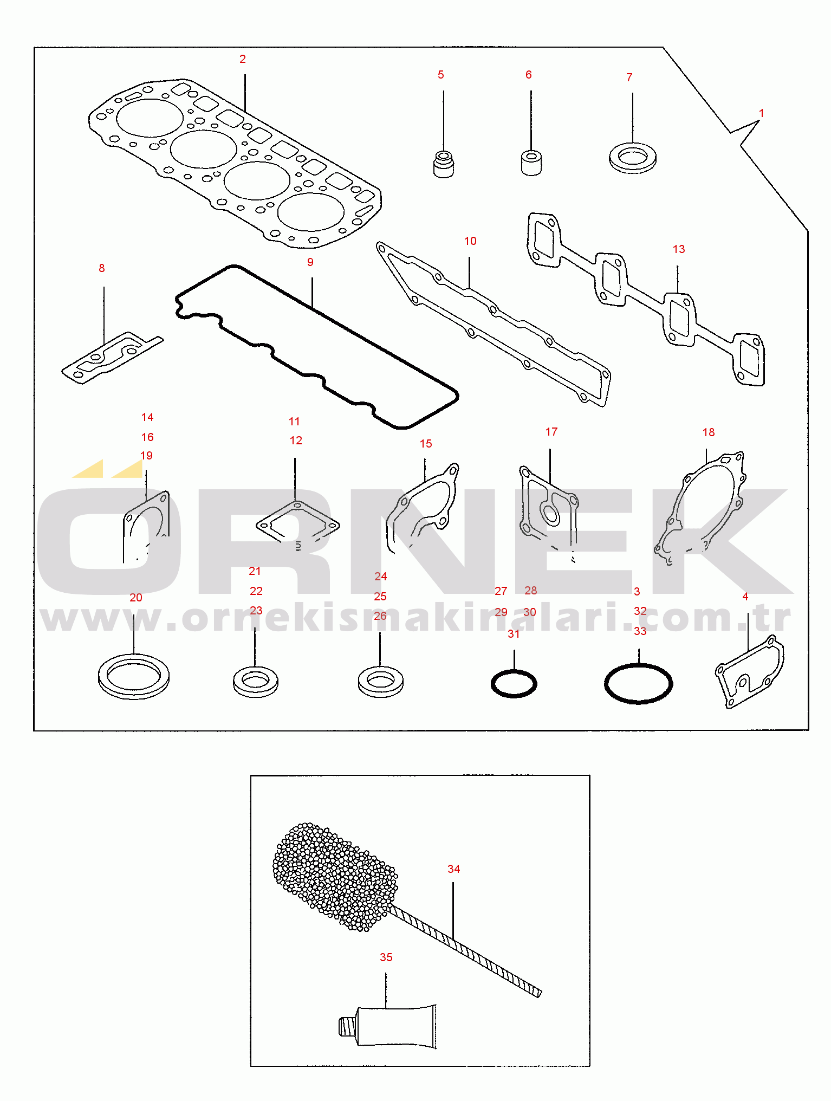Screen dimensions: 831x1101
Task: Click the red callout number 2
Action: (x=243, y=59)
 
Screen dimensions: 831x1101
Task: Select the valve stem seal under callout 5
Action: (x=444, y=164)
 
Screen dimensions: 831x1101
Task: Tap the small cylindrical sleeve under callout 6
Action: (x=531, y=163)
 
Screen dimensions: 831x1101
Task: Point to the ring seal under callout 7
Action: (x=633, y=158)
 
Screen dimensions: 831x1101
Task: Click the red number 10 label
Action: (x=470, y=241)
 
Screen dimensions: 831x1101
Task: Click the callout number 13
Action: (x=679, y=249)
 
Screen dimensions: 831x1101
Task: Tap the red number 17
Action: (x=551, y=432)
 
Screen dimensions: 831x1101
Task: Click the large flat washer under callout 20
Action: (x=134, y=676)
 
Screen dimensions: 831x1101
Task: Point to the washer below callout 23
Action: (x=256, y=682)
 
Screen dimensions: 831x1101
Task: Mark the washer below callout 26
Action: (x=380, y=682)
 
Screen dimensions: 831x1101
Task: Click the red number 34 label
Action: (x=453, y=869)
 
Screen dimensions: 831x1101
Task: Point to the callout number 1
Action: (x=761, y=114)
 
